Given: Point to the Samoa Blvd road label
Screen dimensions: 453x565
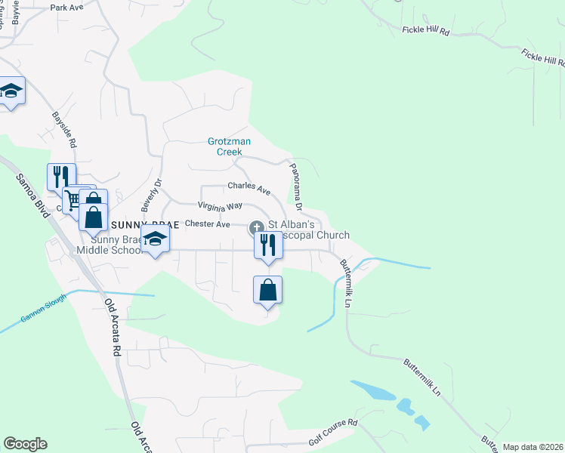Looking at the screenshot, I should click(30, 194).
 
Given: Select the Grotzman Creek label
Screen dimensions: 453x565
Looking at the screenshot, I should click(230, 146).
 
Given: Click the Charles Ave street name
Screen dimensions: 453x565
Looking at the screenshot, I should click(249, 188).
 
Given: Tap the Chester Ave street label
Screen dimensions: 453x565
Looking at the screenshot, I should click(207, 224).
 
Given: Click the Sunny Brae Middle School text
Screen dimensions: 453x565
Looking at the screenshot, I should click(110, 245).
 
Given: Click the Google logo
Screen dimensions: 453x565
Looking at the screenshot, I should click(24, 444).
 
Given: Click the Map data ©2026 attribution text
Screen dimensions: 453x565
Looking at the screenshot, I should click(533, 447).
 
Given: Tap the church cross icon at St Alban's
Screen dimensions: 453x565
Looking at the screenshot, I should click(257, 226).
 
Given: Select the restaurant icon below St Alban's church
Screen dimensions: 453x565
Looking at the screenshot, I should click(268, 245).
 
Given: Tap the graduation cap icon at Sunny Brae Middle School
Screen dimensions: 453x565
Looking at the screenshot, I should click(156, 240).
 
